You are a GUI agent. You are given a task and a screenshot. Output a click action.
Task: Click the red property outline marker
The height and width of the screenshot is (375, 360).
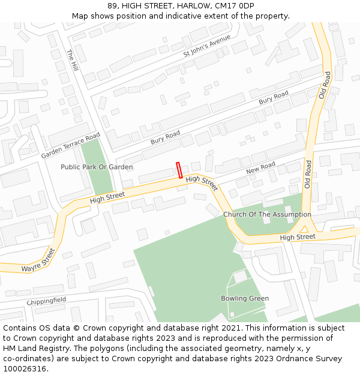(x=179, y=170)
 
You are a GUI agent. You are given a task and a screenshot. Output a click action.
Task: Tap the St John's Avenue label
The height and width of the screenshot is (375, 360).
(x=206, y=47)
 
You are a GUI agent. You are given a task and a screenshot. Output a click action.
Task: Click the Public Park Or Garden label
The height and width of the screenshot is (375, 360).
(x=97, y=167)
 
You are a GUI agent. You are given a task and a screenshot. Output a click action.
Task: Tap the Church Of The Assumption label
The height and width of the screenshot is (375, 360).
(x=267, y=214)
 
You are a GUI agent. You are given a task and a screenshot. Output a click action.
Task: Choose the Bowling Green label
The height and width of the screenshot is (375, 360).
(x=245, y=298)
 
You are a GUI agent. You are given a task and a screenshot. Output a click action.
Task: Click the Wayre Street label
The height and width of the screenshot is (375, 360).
(x=39, y=260)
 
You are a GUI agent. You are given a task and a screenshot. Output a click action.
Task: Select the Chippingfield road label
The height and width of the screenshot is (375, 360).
(x=46, y=300)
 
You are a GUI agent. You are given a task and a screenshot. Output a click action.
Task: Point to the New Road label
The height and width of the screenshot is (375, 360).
(x=260, y=169)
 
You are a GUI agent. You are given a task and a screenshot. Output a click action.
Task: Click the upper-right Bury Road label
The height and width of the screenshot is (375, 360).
(x=274, y=98)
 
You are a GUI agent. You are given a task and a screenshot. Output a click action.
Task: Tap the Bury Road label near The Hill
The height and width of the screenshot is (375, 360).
(x=165, y=137)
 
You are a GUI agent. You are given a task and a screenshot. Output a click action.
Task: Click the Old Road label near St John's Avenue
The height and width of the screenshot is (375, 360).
(x=325, y=85)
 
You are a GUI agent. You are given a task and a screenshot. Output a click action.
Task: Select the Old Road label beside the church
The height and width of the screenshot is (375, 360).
(x=307, y=175)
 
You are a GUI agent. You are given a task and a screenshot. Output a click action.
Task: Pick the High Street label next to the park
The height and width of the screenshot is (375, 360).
(x=107, y=197)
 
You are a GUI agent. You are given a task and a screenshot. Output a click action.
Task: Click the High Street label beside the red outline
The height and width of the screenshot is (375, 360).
(x=201, y=181)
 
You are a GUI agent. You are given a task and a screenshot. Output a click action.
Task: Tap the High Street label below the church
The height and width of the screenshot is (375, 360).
(x=298, y=237)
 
